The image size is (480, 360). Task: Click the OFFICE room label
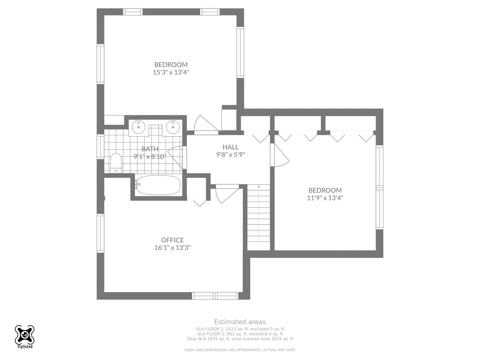[x=172, y=240]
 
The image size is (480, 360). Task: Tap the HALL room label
[x=231, y=147]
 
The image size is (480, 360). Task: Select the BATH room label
[x=150, y=149]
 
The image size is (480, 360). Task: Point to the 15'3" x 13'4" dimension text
[x=171, y=73]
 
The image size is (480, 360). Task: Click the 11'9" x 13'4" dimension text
[x=325, y=198]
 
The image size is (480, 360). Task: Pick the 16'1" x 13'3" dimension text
[x=172, y=247]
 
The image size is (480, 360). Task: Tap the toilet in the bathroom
[x=116, y=163]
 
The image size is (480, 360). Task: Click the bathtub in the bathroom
[x=158, y=185]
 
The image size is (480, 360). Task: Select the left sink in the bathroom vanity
[x=139, y=127]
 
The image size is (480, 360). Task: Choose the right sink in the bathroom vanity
[x=173, y=127]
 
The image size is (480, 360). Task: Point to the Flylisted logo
[x=24, y=337]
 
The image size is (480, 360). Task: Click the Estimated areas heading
[x=240, y=322]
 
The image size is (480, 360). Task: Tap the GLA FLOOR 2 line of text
[x=240, y=334]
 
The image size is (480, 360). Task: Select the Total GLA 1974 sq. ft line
[x=240, y=339]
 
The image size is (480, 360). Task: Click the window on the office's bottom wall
[x=215, y=296]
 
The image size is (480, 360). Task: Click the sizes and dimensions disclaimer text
[x=240, y=350]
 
